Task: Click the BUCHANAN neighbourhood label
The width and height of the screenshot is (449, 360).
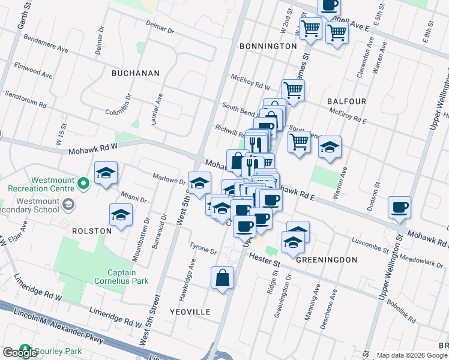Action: [x=136, y=73]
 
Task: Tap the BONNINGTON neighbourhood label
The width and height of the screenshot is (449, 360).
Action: [x=268, y=46]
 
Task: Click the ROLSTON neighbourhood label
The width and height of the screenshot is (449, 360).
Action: [x=92, y=230]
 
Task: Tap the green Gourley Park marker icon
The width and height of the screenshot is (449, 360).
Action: [x=25, y=349]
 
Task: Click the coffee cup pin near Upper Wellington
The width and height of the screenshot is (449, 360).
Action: [x=399, y=208]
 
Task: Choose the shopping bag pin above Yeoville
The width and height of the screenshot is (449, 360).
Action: [x=222, y=278]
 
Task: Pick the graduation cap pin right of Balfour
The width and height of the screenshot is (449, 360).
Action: [x=330, y=147]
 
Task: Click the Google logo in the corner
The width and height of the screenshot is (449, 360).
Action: [x=20, y=353]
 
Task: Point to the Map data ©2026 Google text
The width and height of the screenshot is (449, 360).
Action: [x=411, y=355]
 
